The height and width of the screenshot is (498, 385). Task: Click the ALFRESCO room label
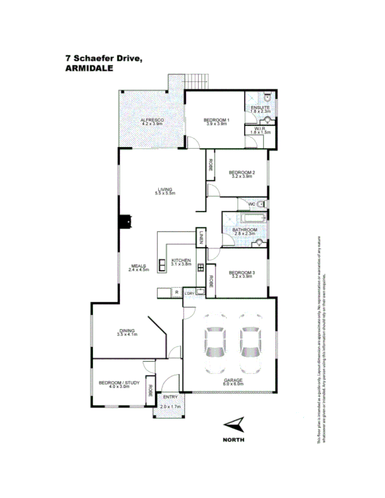(x=153, y=121)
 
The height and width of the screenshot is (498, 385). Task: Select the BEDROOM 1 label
(x=217, y=121)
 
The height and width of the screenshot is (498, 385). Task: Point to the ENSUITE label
(x=260, y=107)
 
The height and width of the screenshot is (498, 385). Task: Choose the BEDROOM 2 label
(x=242, y=173)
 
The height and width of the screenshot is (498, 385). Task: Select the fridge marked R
(x=176, y=292)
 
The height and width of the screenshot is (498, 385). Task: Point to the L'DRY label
(x=189, y=293)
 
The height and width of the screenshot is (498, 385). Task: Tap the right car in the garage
(x=250, y=343)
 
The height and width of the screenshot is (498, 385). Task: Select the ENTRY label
(x=170, y=397)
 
